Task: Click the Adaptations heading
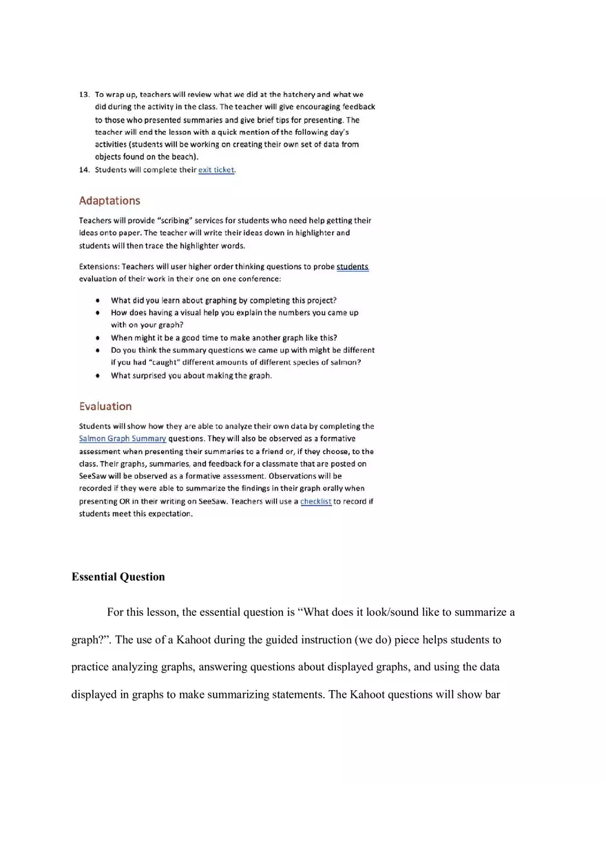pos(109,201)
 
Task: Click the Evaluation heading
pos(105,406)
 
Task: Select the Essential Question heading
pos(118,577)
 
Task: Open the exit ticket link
pos(216,170)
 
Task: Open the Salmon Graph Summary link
pos(123,439)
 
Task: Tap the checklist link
pos(316,502)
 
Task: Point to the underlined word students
pos(353,267)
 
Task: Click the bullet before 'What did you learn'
pos(99,301)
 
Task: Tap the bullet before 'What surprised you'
pos(99,376)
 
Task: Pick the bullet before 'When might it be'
pos(99,338)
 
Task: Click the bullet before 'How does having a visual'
pos(99,313)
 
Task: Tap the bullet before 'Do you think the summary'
pos(99,350)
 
